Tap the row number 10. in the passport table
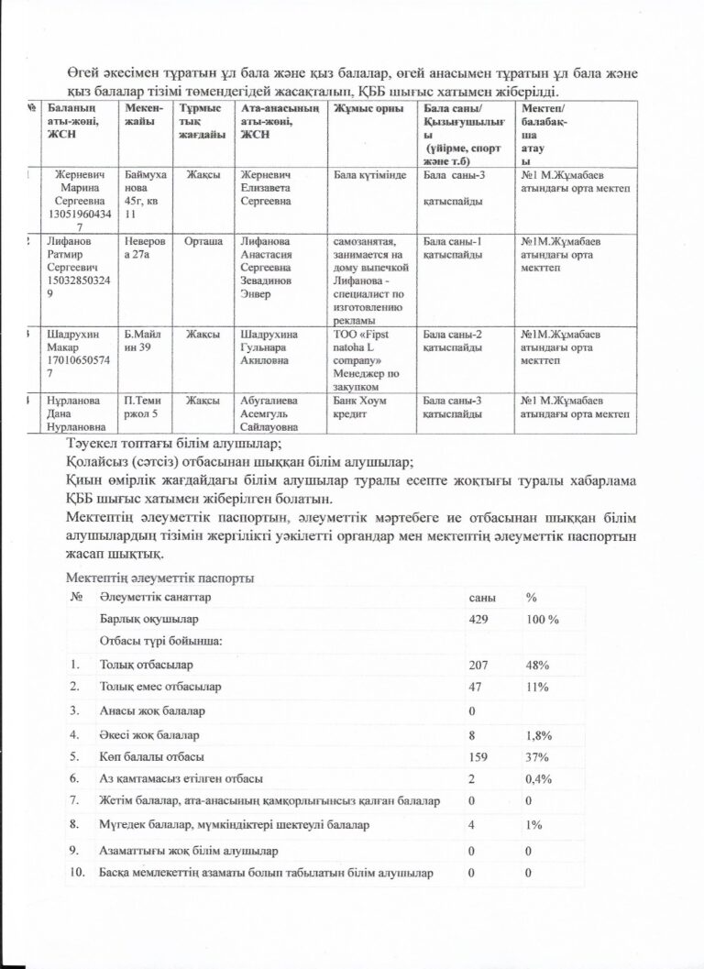tap(78, 872)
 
